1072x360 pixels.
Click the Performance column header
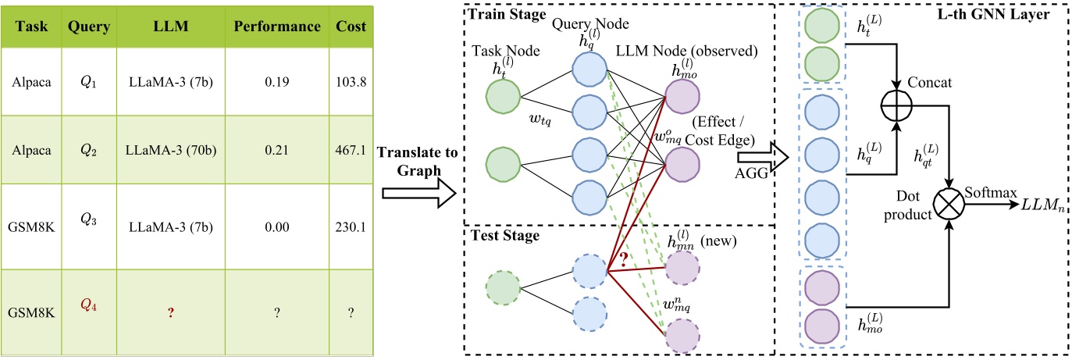tap(278, 27)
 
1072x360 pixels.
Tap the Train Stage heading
tap(502, 14)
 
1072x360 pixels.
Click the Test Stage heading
tap(499, 235)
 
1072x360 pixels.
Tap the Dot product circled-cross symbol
tap(949, 209)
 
